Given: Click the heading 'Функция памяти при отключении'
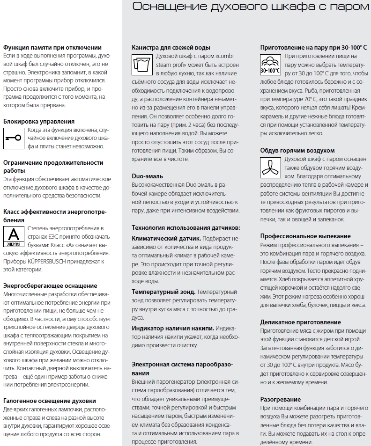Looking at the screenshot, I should pos(52,47).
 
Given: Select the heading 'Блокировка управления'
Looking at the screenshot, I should pos(39,121).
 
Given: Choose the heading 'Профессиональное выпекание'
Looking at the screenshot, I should pos(305,236).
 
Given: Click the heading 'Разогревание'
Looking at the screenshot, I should pos(281,399).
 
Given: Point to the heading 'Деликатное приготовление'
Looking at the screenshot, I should pos(300,322).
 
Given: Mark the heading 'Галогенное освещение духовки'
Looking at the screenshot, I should pos(50,401).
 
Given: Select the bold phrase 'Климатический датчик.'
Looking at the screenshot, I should pos(166,238).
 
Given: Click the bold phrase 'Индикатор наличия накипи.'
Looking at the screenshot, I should pos(173,328).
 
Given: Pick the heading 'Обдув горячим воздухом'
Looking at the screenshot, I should pos(297,150).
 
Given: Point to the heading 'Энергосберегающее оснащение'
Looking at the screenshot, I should pos(50,285).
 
